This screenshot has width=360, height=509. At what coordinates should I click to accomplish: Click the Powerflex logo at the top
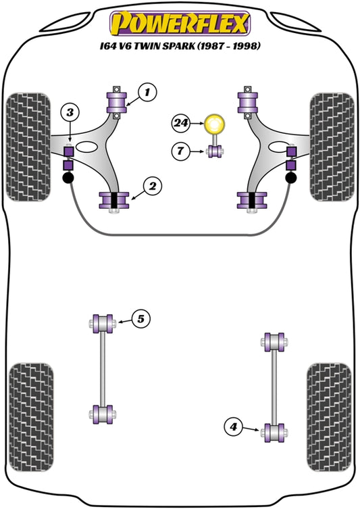180,22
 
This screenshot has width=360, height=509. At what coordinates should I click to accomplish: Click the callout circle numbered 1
149,90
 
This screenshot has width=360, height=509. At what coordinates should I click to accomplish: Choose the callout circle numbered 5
140,317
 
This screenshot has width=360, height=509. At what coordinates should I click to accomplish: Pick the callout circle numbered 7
181,151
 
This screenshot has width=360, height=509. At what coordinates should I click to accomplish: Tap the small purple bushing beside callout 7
215,151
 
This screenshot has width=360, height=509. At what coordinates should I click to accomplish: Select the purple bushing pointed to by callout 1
118,102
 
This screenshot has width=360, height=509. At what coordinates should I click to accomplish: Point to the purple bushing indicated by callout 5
103,322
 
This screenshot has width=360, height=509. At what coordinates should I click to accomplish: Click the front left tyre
28,146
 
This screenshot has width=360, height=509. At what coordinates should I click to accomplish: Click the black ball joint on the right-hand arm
292,178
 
